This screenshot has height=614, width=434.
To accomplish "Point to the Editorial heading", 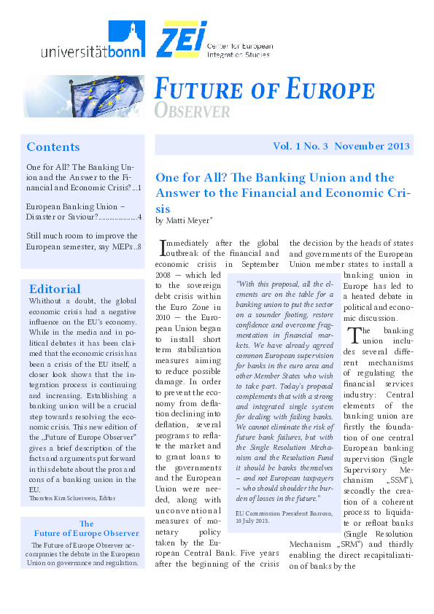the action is [55, 289].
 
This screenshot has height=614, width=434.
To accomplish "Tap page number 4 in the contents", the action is [139, 217].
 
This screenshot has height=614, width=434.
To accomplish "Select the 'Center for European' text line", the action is [240, 46].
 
